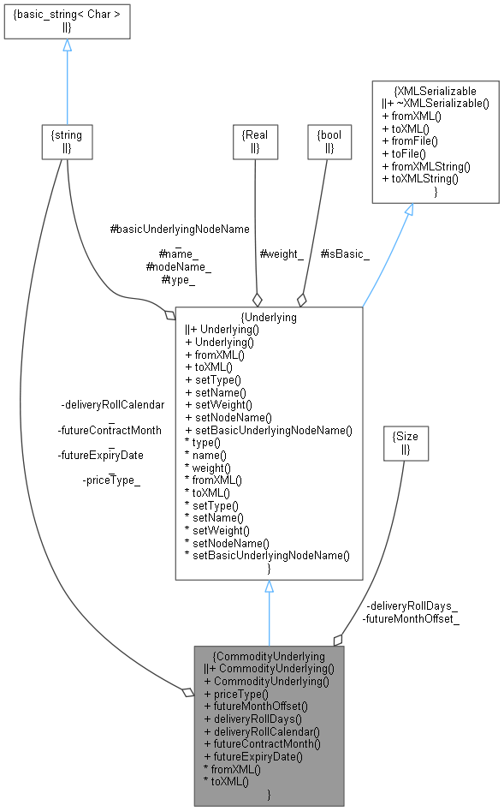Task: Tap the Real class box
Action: point(256,141)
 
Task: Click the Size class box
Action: point(405,441)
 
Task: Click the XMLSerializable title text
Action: point(435,90)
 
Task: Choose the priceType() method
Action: point(235,694)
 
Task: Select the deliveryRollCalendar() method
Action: point(261,732)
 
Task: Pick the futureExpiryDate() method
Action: point(252,757)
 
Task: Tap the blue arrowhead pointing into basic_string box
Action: point(67,45)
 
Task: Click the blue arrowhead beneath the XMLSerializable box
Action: point(408,210)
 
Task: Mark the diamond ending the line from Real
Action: point(256,300)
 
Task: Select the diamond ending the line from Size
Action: point(338,639)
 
